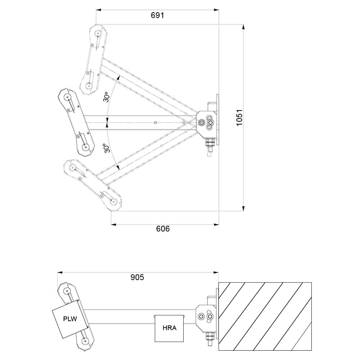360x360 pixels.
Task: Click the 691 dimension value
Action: pos(157,15)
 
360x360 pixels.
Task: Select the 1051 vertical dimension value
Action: pos(240,117)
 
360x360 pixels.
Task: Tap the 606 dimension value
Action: pos(163,229)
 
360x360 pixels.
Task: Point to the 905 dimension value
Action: pos(137,277)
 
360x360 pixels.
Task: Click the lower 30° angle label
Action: pos(106,149)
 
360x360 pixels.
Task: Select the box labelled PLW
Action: pos(70,319)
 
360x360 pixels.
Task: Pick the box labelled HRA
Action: pos(169,328)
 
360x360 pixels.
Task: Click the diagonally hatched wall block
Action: pos(265,316)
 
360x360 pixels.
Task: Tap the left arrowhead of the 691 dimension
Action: pos(98,10)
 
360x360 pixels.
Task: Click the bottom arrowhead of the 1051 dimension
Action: pos(244,208)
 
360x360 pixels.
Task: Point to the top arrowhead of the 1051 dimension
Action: pos(244,26)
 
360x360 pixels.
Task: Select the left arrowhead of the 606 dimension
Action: pos(113,225)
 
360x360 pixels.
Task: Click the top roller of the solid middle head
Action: pos(67,98)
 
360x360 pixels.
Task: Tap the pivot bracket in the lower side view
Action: pos(206,316)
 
